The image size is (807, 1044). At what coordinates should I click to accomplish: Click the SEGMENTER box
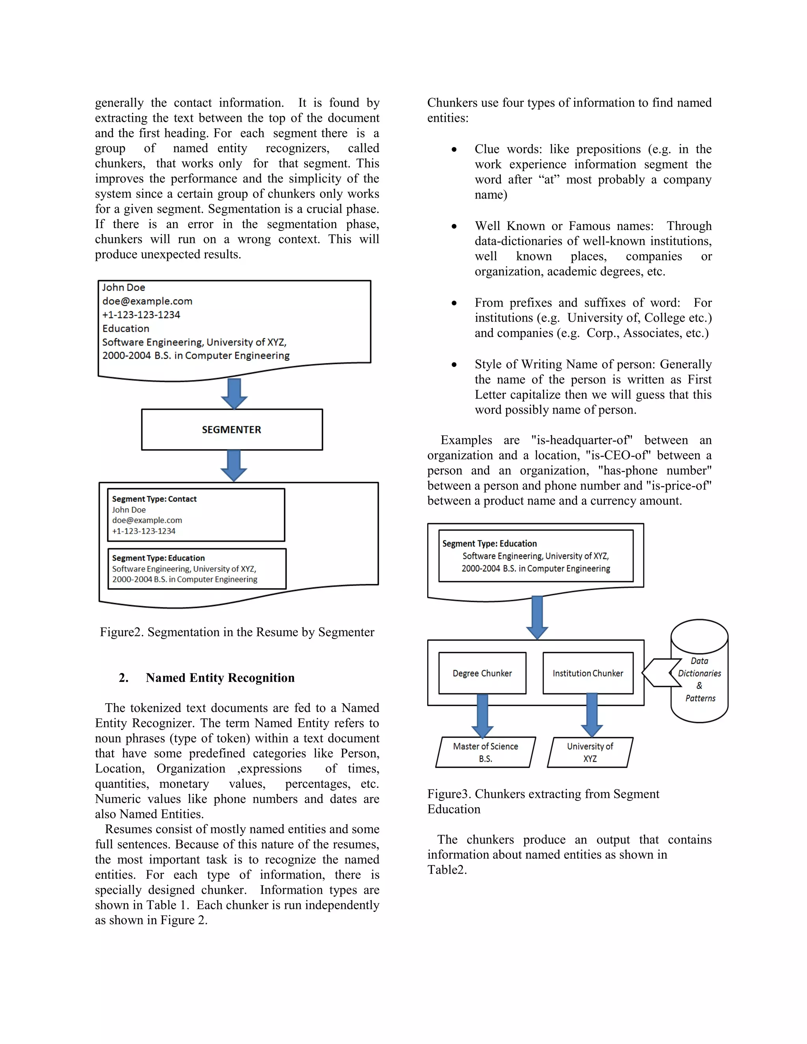(232, 429)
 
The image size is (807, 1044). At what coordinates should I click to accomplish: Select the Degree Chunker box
(482, 673)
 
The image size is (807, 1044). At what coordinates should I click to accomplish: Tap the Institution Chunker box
(588, 673)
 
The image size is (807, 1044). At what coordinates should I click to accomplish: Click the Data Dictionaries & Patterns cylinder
(699, 679)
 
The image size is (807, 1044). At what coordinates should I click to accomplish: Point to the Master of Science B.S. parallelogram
(485, 752)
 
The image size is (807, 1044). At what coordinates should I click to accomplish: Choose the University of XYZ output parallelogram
(589, 752)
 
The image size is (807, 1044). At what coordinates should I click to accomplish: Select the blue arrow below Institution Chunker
(592, 715)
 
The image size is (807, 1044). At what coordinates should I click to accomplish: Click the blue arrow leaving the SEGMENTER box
(234, 464)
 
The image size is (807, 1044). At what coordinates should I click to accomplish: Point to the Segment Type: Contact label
(154, 499)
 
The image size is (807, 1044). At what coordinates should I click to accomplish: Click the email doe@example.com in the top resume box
(147, 301)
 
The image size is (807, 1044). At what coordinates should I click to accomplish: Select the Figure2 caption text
(237, 632)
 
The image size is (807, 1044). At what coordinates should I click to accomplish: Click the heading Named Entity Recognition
(220, 678)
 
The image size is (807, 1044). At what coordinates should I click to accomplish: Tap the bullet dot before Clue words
(454, 150)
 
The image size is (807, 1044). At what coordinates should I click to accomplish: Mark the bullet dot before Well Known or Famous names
(454, 227)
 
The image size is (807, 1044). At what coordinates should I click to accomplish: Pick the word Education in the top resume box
(126, 329)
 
